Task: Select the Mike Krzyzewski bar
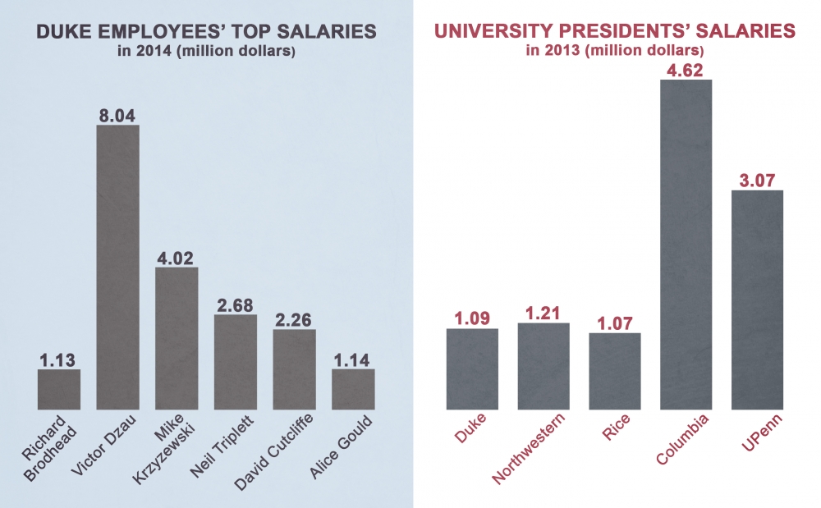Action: point(177,338)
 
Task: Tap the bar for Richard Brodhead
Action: point(59,389)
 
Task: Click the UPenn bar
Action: point(757,300)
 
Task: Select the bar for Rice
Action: point(614,371)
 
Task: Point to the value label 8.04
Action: point(117,114)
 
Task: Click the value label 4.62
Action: point(686,69)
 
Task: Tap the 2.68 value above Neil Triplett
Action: point(236,304)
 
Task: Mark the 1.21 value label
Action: point(543,312)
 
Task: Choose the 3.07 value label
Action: point(757,180)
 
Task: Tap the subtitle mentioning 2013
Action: point(615,51)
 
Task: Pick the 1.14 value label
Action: point(353,358)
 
